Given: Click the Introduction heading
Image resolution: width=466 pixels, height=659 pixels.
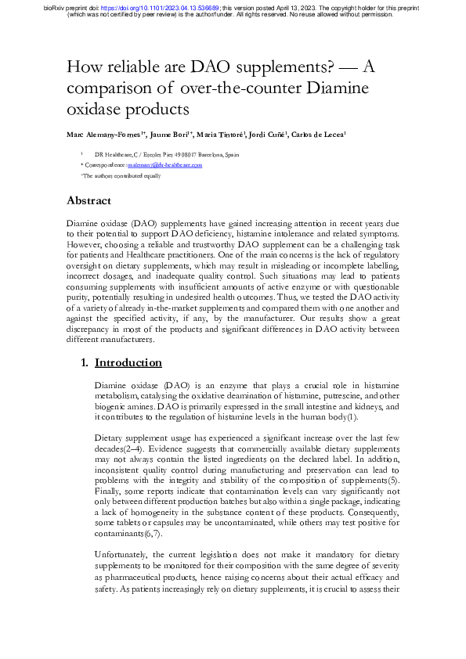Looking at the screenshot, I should pyautogui.click(x=128, y=362).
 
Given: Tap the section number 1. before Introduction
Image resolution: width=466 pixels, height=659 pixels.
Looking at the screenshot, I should pyautogui.click(x=86, y=362).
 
